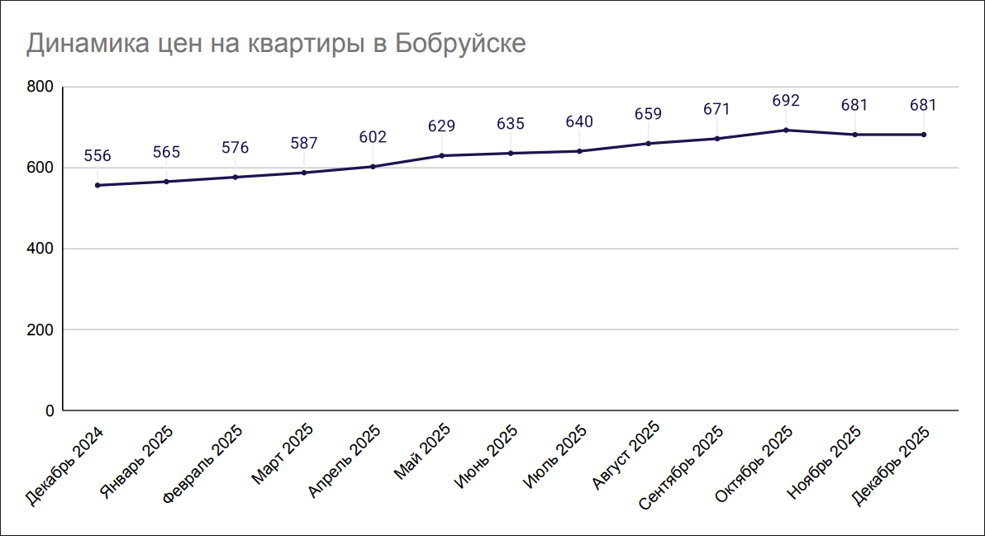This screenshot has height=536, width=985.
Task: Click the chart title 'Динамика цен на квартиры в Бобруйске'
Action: pyautogui.click(x=276, y=44)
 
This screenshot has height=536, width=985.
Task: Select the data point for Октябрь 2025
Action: pyautogui.click(x=786, y=130)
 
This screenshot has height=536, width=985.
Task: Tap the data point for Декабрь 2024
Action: pyautogui.click(x=98, y=185)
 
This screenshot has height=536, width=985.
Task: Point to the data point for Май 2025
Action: pyautogui.click(x=442, y=155)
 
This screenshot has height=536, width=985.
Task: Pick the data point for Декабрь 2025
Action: pyautogui.click(x=923, y=135)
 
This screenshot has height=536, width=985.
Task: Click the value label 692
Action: pyautogui.click(x=786, y=101)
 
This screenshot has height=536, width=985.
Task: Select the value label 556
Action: pyautogui.click(x=98, y=156)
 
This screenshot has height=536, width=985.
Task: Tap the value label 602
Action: pyautogui.click(x=373, y=137)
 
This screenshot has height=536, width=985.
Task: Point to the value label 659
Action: pyautogui.click(x=648, y=115)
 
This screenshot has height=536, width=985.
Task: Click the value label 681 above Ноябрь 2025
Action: pyautogui.click(x=854, y=106)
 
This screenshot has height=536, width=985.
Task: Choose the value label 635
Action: pyautogui.click(x=511, y=124)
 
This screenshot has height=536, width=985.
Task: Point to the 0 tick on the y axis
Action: pyautogui.click(x=49, y=410)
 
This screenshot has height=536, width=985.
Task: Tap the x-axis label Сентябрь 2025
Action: pyautogui.click(x=683, y=467)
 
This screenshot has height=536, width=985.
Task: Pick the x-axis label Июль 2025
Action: pyautogui.click(x=556, y=455)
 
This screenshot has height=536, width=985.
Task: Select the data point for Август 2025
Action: pyautogui.click(x=648, y=144)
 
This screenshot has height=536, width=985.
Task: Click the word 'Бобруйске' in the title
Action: pyautogui.click(x=459, y=44)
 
